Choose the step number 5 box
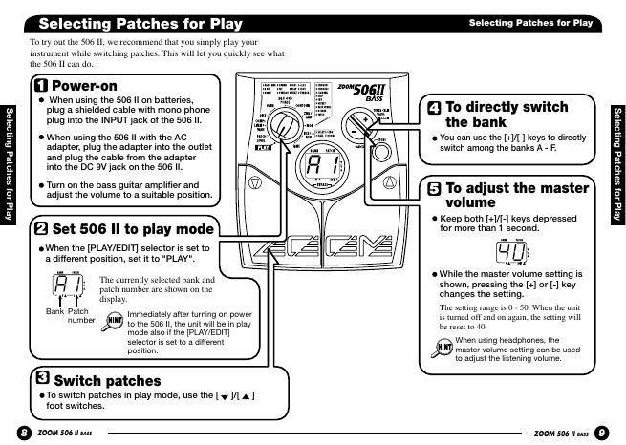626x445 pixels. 434,188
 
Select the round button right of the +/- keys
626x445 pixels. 381,143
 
